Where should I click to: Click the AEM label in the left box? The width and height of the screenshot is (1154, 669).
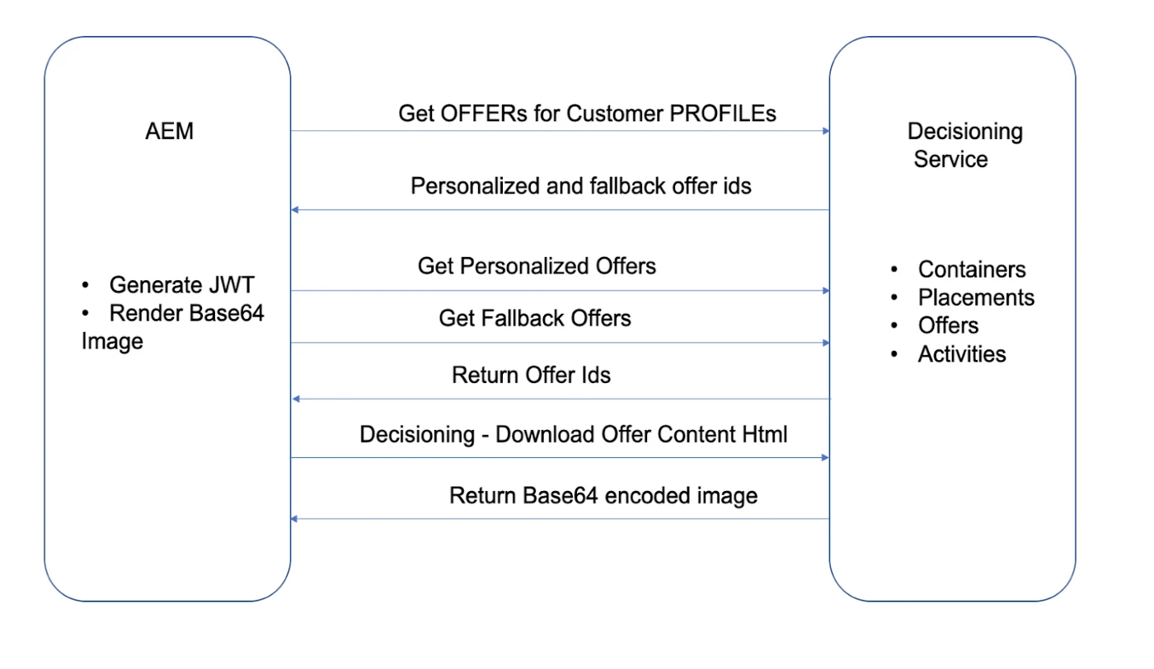[x=169, y=131]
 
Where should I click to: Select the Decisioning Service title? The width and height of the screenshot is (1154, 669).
[x=964, y=145]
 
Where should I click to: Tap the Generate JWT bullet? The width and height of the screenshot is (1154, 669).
[x=181, y=285]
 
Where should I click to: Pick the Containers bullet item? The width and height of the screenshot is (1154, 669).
[x=971, y=269]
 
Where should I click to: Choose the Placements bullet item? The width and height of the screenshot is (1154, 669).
[x=976, y=297]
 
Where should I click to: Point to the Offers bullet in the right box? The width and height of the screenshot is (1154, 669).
[x=948, y=325]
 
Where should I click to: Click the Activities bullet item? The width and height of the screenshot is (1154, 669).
[x=962, y=353]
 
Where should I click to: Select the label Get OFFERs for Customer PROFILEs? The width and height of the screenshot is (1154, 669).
[x=587, y=113]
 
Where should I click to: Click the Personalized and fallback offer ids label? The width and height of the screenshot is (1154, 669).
[x=581, y=185]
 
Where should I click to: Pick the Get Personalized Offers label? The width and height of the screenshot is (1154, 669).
[x=537, y=265]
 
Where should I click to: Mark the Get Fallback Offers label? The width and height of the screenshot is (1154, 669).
[x=535, y=318]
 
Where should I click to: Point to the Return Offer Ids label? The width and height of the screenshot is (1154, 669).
[x=531, y=376]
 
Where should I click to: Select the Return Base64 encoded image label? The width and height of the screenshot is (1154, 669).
[x=603, y=495]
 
